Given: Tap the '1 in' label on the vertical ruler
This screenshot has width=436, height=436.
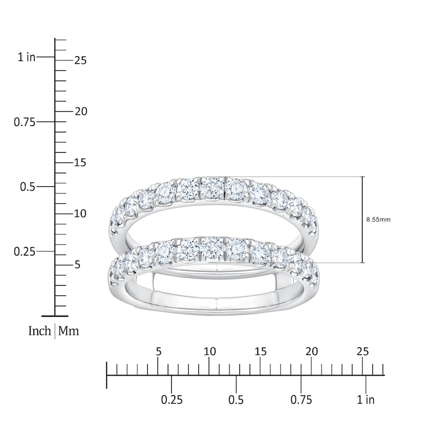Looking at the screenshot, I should click(27, 57).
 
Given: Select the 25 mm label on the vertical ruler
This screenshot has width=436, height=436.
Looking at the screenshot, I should click(81, 60).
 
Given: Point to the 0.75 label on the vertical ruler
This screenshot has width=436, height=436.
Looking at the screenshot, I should click(25, 122).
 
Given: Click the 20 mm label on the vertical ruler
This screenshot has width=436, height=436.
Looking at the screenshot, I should click(81, 111).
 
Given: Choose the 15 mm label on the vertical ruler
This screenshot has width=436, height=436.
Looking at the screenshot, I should click(80, 163).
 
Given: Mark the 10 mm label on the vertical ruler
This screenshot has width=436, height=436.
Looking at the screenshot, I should click(80, 214).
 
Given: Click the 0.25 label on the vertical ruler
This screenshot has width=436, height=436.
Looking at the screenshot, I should click(25, 251).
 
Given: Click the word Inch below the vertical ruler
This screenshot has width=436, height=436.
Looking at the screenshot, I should click(39, 331).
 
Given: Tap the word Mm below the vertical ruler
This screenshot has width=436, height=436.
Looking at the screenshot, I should click(69, 331).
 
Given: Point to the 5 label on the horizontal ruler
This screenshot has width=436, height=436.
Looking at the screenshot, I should click(159, 352).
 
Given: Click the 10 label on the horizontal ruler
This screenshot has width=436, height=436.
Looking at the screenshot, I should click(210, 352).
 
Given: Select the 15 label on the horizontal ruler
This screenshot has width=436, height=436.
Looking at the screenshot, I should click(261, 352).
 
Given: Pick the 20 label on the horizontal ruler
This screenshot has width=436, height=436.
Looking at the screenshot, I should click(312, 352).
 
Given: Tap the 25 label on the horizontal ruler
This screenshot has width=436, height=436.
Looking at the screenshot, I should click(363, 352).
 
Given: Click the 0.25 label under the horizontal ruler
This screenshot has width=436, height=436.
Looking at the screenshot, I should click(172, 400).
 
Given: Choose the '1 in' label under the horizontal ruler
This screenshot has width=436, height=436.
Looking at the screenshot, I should click(366, 400).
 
